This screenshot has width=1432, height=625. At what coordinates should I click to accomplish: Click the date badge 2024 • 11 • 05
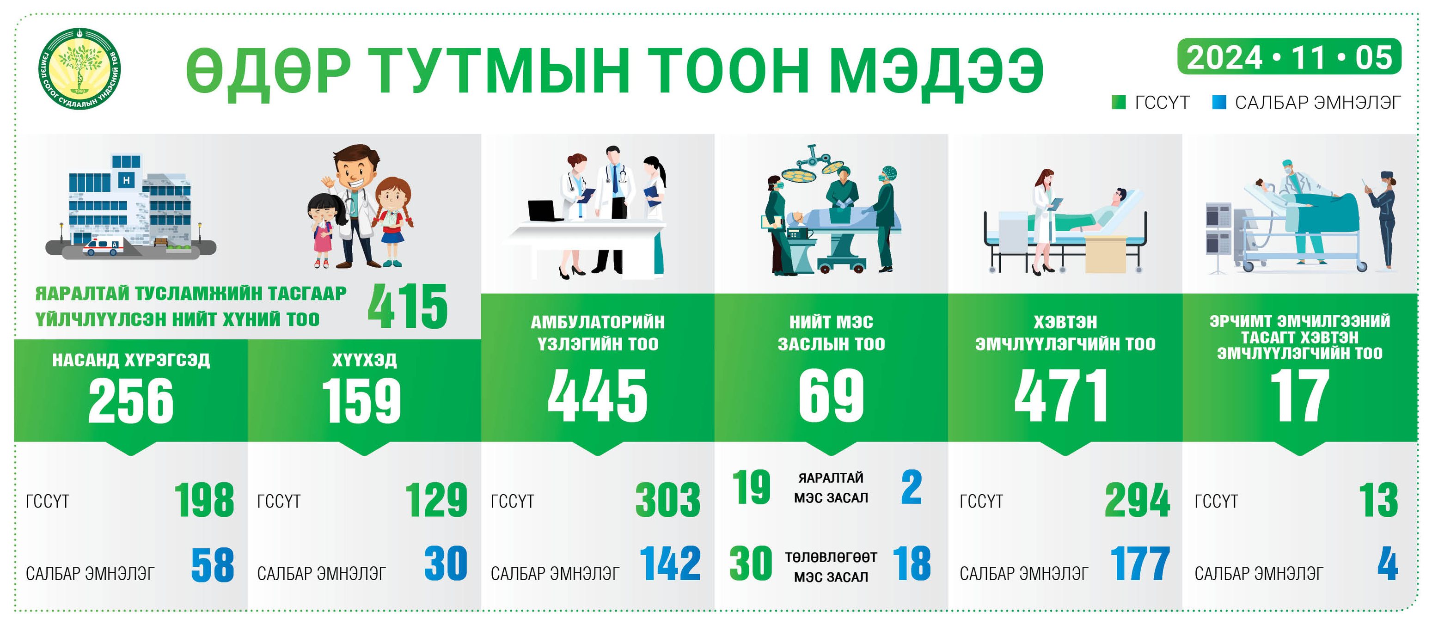tap(1289, 57)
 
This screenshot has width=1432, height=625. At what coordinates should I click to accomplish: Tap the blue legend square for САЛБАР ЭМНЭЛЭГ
tap(1219, 102)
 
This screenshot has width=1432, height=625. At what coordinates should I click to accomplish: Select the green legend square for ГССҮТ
tap(1119, 102)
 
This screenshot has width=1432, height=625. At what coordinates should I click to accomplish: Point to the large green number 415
tap(408, 306)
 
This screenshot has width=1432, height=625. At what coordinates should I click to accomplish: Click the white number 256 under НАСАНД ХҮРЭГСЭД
tap(131, 400)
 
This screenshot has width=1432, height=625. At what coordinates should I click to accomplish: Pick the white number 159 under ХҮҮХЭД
tap(362, 400)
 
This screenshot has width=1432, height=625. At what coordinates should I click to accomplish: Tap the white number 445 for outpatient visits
tap(598, 396)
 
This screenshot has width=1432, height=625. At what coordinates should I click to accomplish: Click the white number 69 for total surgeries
tap(831, 396)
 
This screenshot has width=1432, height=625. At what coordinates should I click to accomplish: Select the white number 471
tap(1061, 396)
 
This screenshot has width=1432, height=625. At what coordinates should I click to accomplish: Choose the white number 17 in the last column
tap(1300, 396)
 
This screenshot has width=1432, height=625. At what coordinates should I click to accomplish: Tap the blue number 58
tap(212, 565)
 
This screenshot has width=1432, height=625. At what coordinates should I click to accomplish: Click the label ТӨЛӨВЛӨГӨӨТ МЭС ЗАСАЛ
tap(831, 567)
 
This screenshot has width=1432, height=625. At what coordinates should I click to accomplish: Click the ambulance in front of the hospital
tap(104, 246)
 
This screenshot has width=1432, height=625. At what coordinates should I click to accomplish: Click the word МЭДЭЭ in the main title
tap(936, 71)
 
